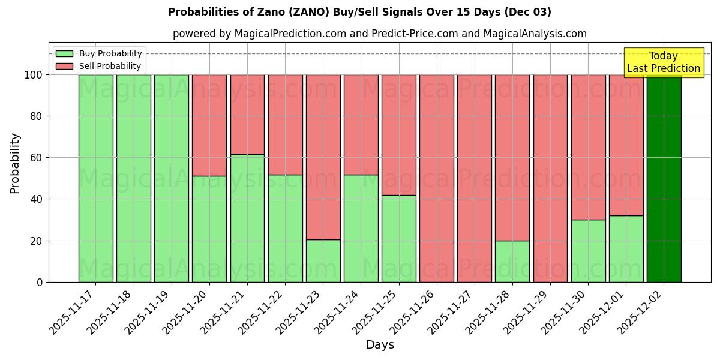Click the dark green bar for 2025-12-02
(x=664, y=178)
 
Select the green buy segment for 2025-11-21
(x=247, y=218)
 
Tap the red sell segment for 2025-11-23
(x=323, y=157)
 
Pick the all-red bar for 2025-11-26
(x=437, y=178)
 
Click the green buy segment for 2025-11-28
(x=512, y=262)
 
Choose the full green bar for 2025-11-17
(x=95, y=178)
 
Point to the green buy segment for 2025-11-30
(x=588, y=251)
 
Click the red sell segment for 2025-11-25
(x=399, y=135)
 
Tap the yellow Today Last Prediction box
(x=664, y=62)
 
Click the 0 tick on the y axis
(x=40, y=282)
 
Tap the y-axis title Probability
(x=15, y=163)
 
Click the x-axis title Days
(x=380, y=345)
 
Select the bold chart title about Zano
(x=359, y=12)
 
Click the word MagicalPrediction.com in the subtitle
(x=289, y=34)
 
